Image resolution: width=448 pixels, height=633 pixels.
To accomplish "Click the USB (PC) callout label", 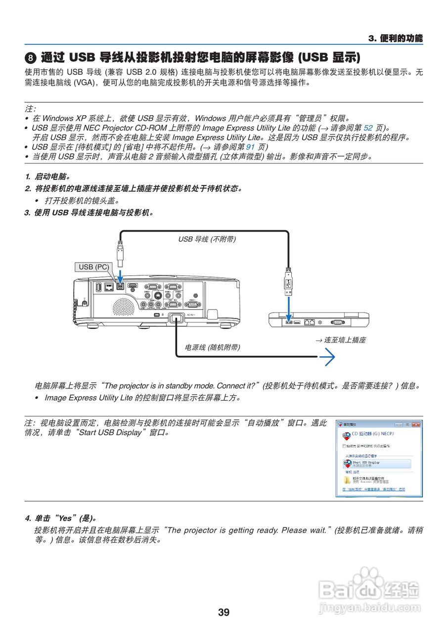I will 93,267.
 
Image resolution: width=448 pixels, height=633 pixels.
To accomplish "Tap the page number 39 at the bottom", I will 224,612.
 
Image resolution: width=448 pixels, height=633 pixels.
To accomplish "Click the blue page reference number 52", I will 368,128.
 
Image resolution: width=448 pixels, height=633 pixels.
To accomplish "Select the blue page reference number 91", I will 250,147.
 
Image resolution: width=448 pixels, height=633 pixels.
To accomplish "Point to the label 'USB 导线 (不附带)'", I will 207,239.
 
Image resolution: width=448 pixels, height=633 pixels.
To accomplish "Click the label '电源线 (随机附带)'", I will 212,348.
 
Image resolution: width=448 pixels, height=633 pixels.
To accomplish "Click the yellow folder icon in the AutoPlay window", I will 347,480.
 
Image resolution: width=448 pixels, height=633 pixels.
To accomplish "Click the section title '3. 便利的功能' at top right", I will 396,39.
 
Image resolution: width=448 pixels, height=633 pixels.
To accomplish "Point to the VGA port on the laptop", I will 337,322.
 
